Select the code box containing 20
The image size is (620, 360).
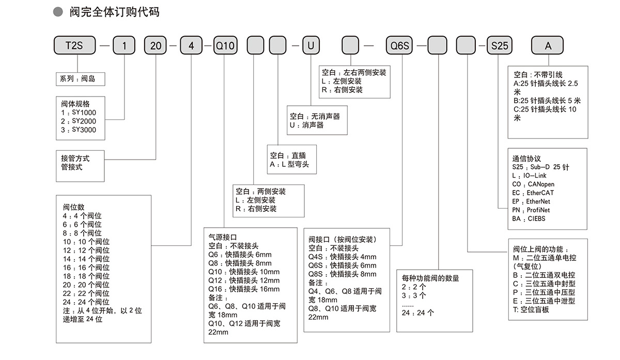pyautogui.click(x=156, y=45)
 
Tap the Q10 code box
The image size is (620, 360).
pyautogui.click(x=224, y=45)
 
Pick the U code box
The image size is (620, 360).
pyautogui.click(x=311, y=45)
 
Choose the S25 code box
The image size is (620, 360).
pyautogui.click(x=499, y=45)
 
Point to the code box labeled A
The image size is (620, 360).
pyautogui.click(x=548, y=45)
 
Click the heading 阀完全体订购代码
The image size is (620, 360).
pyautogui.click(x=115, y=11)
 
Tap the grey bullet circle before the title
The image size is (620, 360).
pyautogui.click(x=59, y=11)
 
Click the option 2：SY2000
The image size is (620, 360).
pyautogui.click(x=79, y=121)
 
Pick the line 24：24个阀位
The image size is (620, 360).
pyautogui.click(x=86, y=302)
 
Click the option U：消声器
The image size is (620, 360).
pyautogui.click(x=306, y=125)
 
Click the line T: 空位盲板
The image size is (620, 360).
pyautogui.click(x=531, y=309)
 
